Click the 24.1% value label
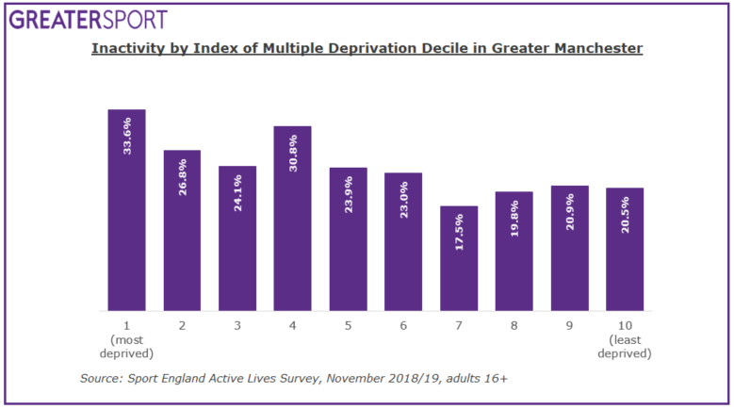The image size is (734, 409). click(x=237, y=193)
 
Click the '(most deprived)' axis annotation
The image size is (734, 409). click(x=126, y=347)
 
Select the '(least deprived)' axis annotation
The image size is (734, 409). click(x=625, y=347)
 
